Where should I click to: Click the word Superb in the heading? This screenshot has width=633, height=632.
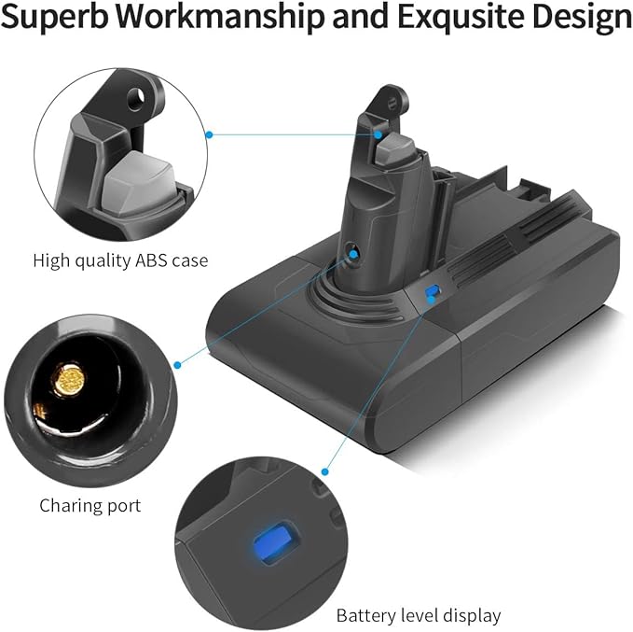coord(55,16)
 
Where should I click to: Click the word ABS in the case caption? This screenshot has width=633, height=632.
coord(151,260)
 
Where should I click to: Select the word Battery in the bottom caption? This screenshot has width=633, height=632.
coord(366,616)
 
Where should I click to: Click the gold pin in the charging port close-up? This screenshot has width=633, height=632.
coord(69,379)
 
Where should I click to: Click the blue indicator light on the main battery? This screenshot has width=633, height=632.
coord(431,290)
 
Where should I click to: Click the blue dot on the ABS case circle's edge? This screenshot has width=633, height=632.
coord(209,134)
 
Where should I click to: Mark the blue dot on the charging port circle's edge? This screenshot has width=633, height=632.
coord(177,365)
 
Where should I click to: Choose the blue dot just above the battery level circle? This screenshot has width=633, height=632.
coord(325,471)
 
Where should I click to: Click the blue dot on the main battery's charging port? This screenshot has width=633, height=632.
coord(353,254)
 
